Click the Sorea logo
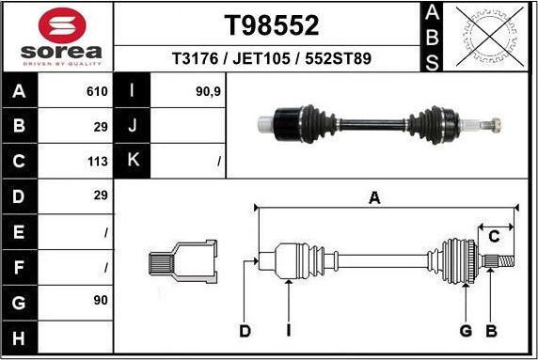tap(57, 36)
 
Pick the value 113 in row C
tap(98, 161)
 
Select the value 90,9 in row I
tap(209, 92)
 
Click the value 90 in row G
tap(101, 300)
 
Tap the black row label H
tap(20, 336)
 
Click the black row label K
tap(133, 161)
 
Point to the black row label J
tap(133, 126)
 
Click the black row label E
tap(20, 231)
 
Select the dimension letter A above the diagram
tap(374, 197)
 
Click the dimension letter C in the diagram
tap(493, 236)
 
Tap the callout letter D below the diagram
tap(245, 330)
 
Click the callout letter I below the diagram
tap(289, 330)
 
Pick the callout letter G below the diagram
tap(465, 330)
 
